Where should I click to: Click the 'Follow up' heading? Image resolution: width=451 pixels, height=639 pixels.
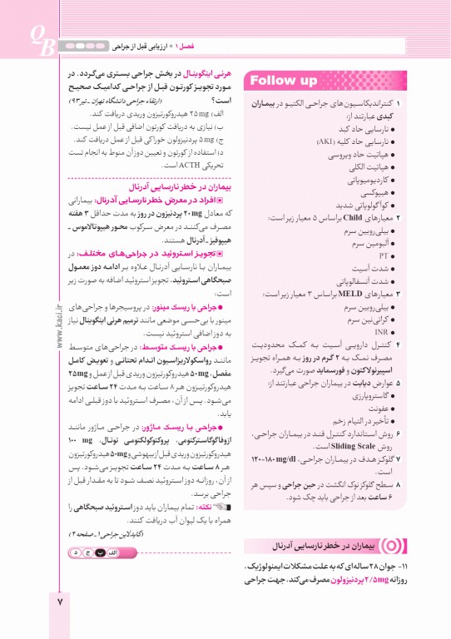(x=283, y=81)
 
